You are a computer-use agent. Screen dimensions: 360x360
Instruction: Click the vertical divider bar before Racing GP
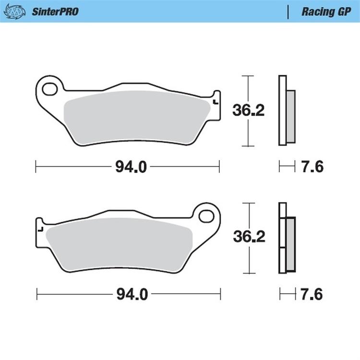pyautogui.click(x=288, y=12)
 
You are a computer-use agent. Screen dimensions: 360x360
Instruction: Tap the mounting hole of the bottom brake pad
pyautogui.click(x=207, y=215)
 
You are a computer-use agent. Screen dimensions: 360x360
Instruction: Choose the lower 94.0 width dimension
pyautogui.click(x=127, y=294)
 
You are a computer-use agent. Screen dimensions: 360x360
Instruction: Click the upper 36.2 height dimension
pyautogui.click(x=249, y=110)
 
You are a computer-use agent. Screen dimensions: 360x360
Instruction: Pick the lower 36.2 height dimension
pyautogui.click(x=249, y=237)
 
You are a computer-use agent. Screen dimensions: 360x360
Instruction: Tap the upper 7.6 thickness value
pyautogui.click(x=312, y=167)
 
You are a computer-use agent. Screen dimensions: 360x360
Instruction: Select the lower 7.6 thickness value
pyautogui.click(x=312, y=294)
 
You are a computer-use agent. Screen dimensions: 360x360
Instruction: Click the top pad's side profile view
pyautogui.click(x=286, y=110)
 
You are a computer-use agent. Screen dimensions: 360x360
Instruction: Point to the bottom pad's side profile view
pyautogui.click(x=286, y=236)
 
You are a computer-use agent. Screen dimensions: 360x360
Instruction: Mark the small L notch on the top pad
pyautogui.click(x=215, y=101)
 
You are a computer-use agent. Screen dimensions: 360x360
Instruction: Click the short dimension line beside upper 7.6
pyautogui.click(x=287, y=167)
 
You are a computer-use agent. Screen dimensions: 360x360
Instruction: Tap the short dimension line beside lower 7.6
pyautogui.click(x=287, y=294)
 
